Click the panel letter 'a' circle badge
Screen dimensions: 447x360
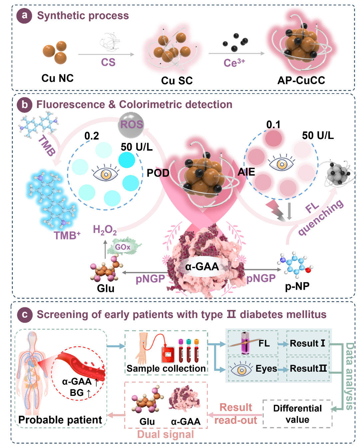(24, 16)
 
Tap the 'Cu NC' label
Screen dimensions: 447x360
(57, 78)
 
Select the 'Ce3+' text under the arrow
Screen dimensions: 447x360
(234, 62)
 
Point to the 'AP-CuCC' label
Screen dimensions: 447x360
(301, 80)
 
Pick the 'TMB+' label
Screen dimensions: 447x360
(67, 235)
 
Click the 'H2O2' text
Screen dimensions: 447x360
(105, 230)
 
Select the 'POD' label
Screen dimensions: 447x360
(158, 173)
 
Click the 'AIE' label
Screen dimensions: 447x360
(246, 172)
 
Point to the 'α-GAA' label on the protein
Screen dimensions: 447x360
(202, 267)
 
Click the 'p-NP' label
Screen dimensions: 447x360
(297, 286)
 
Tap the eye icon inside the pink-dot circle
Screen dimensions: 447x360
(281, 163)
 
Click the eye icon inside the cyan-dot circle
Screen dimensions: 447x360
(105, 173)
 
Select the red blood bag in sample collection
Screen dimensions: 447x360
(168, 354)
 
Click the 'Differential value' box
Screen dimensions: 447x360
(297, 414)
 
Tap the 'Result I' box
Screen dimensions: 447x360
(307, 343)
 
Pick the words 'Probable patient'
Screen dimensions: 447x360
(60, 420)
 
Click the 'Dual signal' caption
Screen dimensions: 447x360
(166, 434)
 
